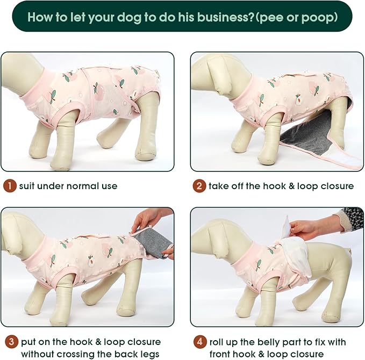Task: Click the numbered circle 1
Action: (9, 186)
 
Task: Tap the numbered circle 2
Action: (199, 186)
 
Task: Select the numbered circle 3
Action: (9, 342)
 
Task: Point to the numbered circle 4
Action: (199, 342)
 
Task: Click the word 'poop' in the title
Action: (318, 17)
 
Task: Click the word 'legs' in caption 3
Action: (148, 354)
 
